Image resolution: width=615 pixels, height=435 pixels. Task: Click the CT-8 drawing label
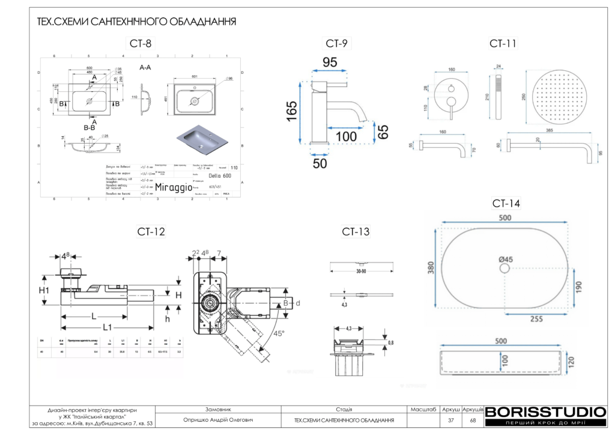(x=141, y=43)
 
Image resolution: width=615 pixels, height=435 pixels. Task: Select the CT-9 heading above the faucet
(x=336, y=43)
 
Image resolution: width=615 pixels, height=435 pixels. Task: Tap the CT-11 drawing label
(x=503, y=43)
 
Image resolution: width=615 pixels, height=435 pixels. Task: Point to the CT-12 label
(x=151, y=231)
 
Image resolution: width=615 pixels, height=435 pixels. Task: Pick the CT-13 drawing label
(x=356, y=231)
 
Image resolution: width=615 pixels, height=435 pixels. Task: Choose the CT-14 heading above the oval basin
(x=506, y=203)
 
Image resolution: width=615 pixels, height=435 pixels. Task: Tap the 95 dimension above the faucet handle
(x=330, y=62)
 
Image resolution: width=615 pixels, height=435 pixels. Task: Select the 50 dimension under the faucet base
(x=320, y=162)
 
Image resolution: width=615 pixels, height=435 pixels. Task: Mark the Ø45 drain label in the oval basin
(x=506, y=260)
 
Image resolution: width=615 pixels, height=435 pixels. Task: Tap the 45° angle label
(x=278, y=333)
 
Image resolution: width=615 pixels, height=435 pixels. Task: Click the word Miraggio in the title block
(x=174, y=187)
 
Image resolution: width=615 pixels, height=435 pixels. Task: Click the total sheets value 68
(x=473, y=420)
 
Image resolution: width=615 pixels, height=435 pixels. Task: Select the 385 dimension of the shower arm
(x=549, y=130)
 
